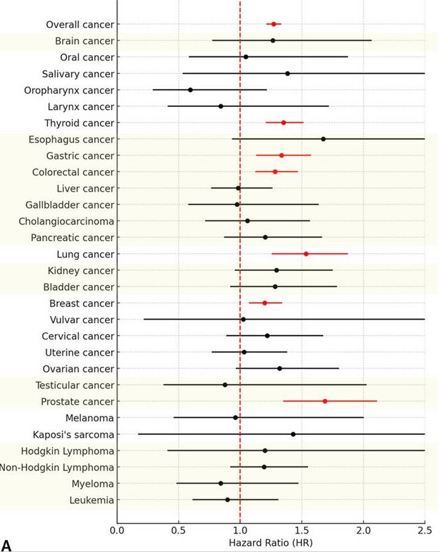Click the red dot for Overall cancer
274,24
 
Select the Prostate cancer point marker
325,401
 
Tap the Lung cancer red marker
306,254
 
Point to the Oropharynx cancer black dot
190,90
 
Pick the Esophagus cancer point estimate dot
323,139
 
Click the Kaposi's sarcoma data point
293,434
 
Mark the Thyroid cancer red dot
283,123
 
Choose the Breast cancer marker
265,303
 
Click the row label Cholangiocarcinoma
66,221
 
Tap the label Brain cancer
85,41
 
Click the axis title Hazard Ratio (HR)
271,543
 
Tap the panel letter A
7,545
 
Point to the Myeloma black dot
221,483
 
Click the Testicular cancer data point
225,385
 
